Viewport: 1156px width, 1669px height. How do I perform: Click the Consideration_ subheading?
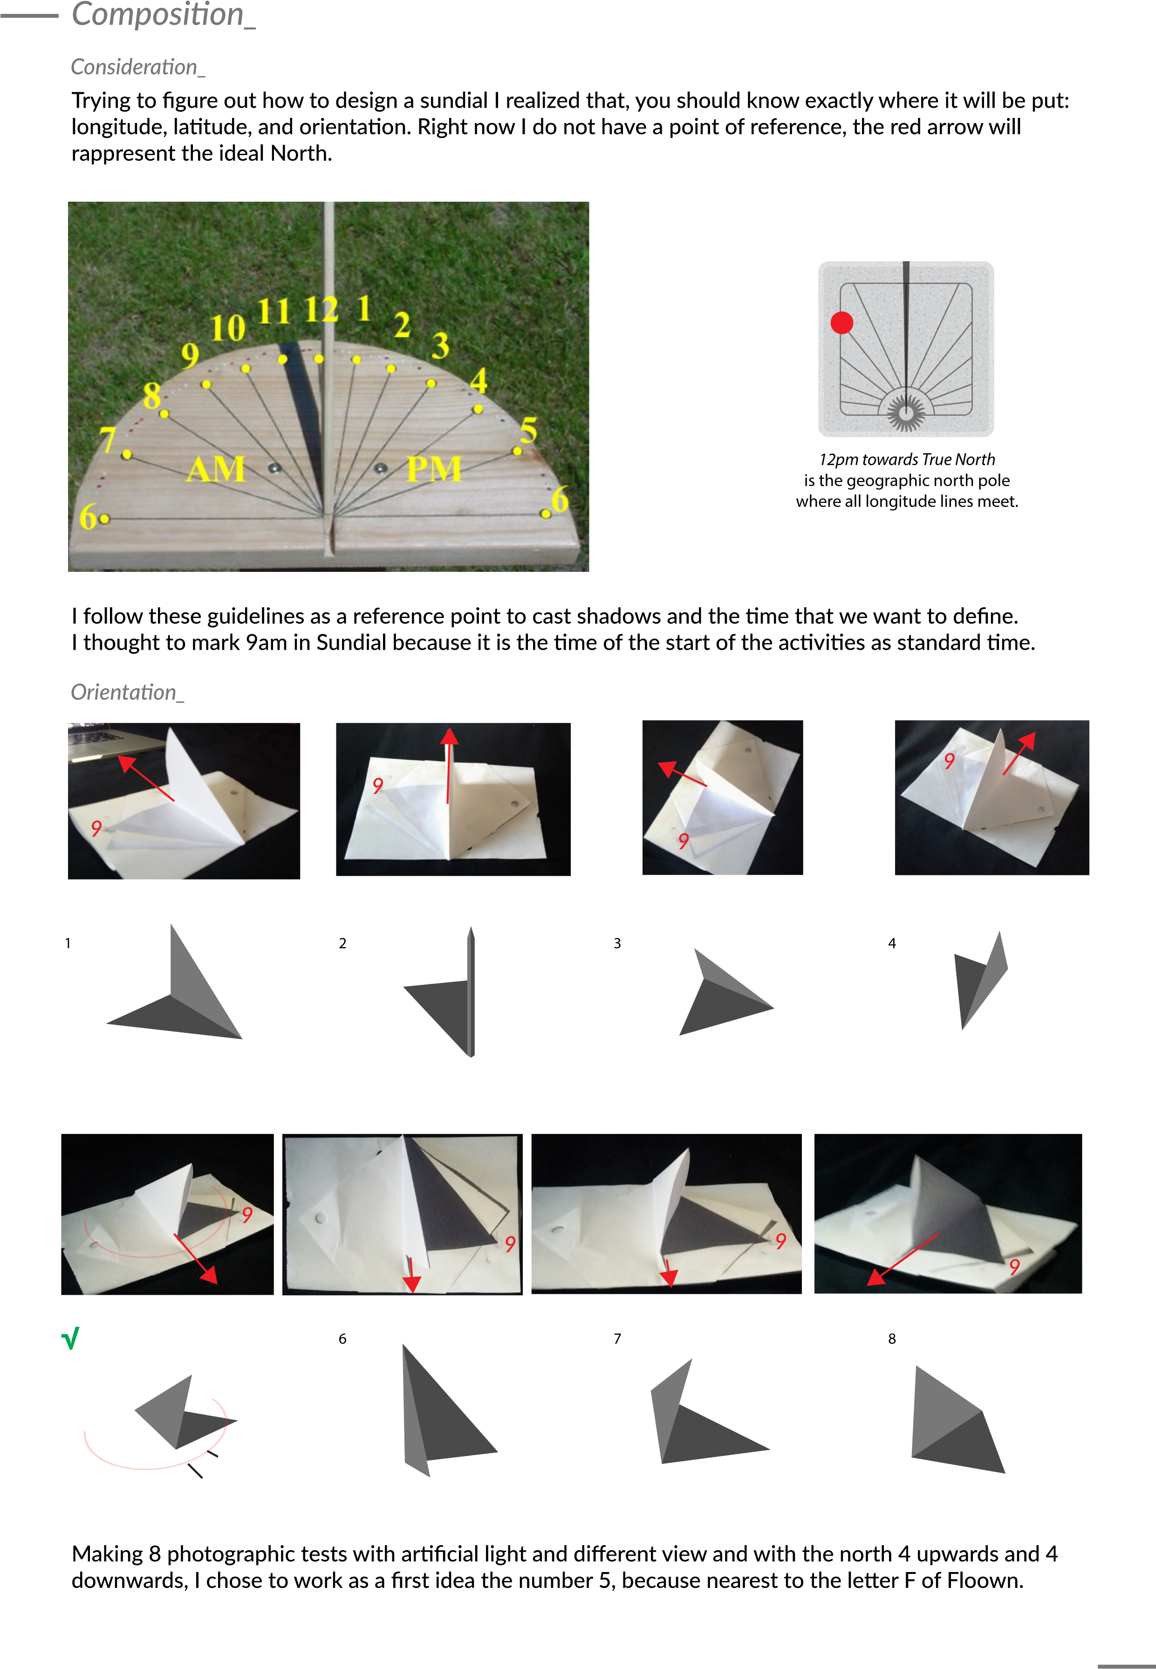click(x=137, y=68)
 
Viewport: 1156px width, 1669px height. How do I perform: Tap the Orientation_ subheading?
click(x=127, y=693)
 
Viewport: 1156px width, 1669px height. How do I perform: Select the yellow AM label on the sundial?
click(x=216, y=469)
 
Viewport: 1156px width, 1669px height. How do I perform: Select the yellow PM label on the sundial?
click(x=434, y=469)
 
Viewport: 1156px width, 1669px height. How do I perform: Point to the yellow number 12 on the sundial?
click(x=321, y=310)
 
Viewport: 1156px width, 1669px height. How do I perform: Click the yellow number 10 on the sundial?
click(x=227, y=328)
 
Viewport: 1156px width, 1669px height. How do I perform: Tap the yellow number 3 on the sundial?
click(x=440, y=345)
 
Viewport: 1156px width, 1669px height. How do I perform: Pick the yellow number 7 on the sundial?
click(x=108, y=440)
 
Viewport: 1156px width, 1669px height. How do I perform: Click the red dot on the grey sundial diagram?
click(x=841, y=323)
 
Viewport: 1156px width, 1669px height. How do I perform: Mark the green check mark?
click(x=70, y=1339)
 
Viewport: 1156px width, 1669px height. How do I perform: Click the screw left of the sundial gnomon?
click(x=274, y=468)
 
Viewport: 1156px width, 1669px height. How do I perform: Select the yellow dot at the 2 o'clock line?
click(x=391, y=369)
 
